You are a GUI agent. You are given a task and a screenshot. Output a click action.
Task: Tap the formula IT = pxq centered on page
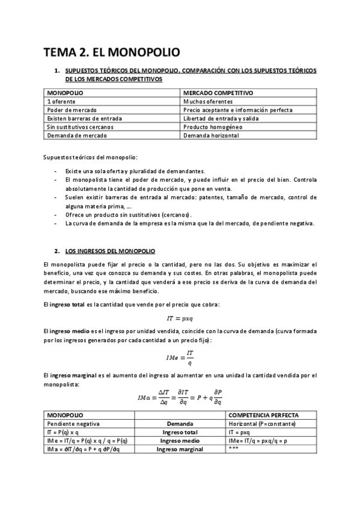[x=180, y=318]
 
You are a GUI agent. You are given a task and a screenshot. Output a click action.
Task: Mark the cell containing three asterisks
[x=234, y=449]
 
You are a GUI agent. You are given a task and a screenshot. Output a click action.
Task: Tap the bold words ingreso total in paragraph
[x=69, y=304]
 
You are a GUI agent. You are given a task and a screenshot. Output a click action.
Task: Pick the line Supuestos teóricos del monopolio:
[x=91, y=158]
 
